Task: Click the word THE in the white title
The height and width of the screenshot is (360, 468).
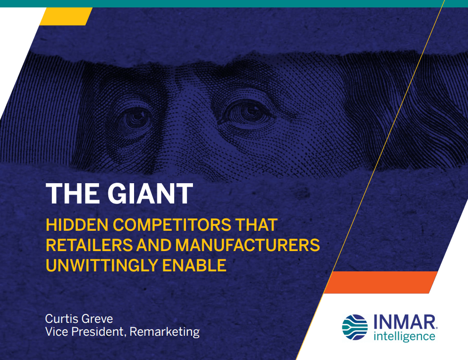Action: click(x=73, y=194)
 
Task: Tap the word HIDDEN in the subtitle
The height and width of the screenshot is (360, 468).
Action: click(x=77, y=225)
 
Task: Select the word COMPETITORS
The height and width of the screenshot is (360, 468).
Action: click(x=172, y=225)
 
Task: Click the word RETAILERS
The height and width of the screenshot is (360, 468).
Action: click(x=89, y=245)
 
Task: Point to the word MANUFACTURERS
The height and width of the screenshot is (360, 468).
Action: click(x=247, y=245)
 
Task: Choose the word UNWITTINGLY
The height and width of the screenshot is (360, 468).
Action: click(x=101, y=265)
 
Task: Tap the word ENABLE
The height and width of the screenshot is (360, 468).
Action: click(x=194, y=265)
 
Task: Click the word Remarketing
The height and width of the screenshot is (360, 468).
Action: click(x=165, y=332)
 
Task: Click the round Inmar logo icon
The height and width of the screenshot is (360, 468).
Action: click(x=355, y=327)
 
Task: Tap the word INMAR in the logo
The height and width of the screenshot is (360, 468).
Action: click(x=405, y=322)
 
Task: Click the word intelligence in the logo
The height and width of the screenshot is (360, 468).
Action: click(x=404, y=336)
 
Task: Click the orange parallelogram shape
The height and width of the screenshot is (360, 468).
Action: click(x=380, y=282)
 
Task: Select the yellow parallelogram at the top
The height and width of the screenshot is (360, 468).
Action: click(x=66, y=16)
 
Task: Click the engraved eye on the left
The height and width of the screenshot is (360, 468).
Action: click(x=137, y=118)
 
